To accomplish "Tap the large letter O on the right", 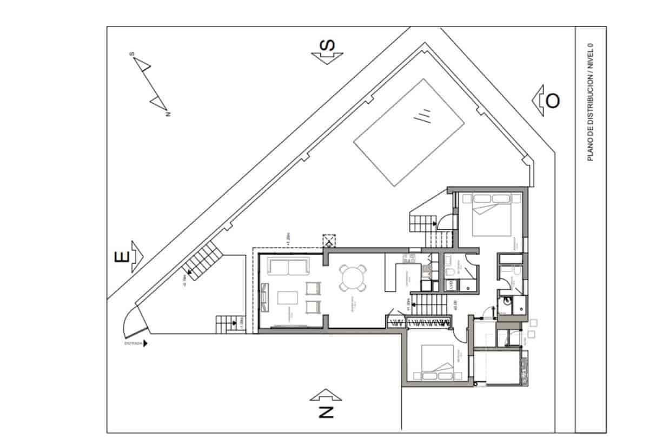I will (x=552, y=101).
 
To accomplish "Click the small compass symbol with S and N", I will (x=151, y=84).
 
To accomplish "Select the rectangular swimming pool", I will (x=409, y=132).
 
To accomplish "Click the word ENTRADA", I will (x=133, y=343).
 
